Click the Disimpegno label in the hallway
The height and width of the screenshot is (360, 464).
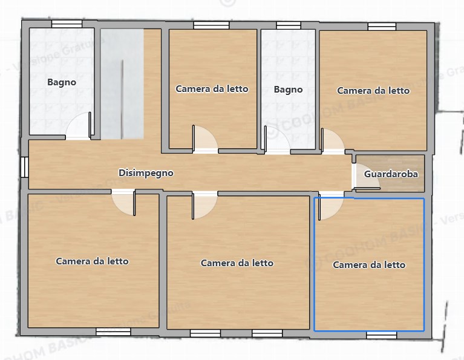pos(146,173)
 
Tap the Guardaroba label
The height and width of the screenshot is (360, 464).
pos(391,174)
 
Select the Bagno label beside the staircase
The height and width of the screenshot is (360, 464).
pos(62,82)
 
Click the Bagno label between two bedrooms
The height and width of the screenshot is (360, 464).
pos(288,90)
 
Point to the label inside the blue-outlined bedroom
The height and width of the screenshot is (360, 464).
pos(369,265)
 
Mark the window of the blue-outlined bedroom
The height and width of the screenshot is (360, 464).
pos(381,334)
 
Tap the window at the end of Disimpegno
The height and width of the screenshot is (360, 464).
pos(24,168)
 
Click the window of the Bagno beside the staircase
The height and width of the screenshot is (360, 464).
pos(67,24)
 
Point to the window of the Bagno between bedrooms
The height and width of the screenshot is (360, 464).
pos(289,25)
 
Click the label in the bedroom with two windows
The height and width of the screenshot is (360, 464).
pos(237,263)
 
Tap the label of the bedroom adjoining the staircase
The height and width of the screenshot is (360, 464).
pos(212,89)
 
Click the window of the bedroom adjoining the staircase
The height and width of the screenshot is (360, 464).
pos(211,25)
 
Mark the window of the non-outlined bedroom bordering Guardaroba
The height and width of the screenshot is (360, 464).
pos(382,26)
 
